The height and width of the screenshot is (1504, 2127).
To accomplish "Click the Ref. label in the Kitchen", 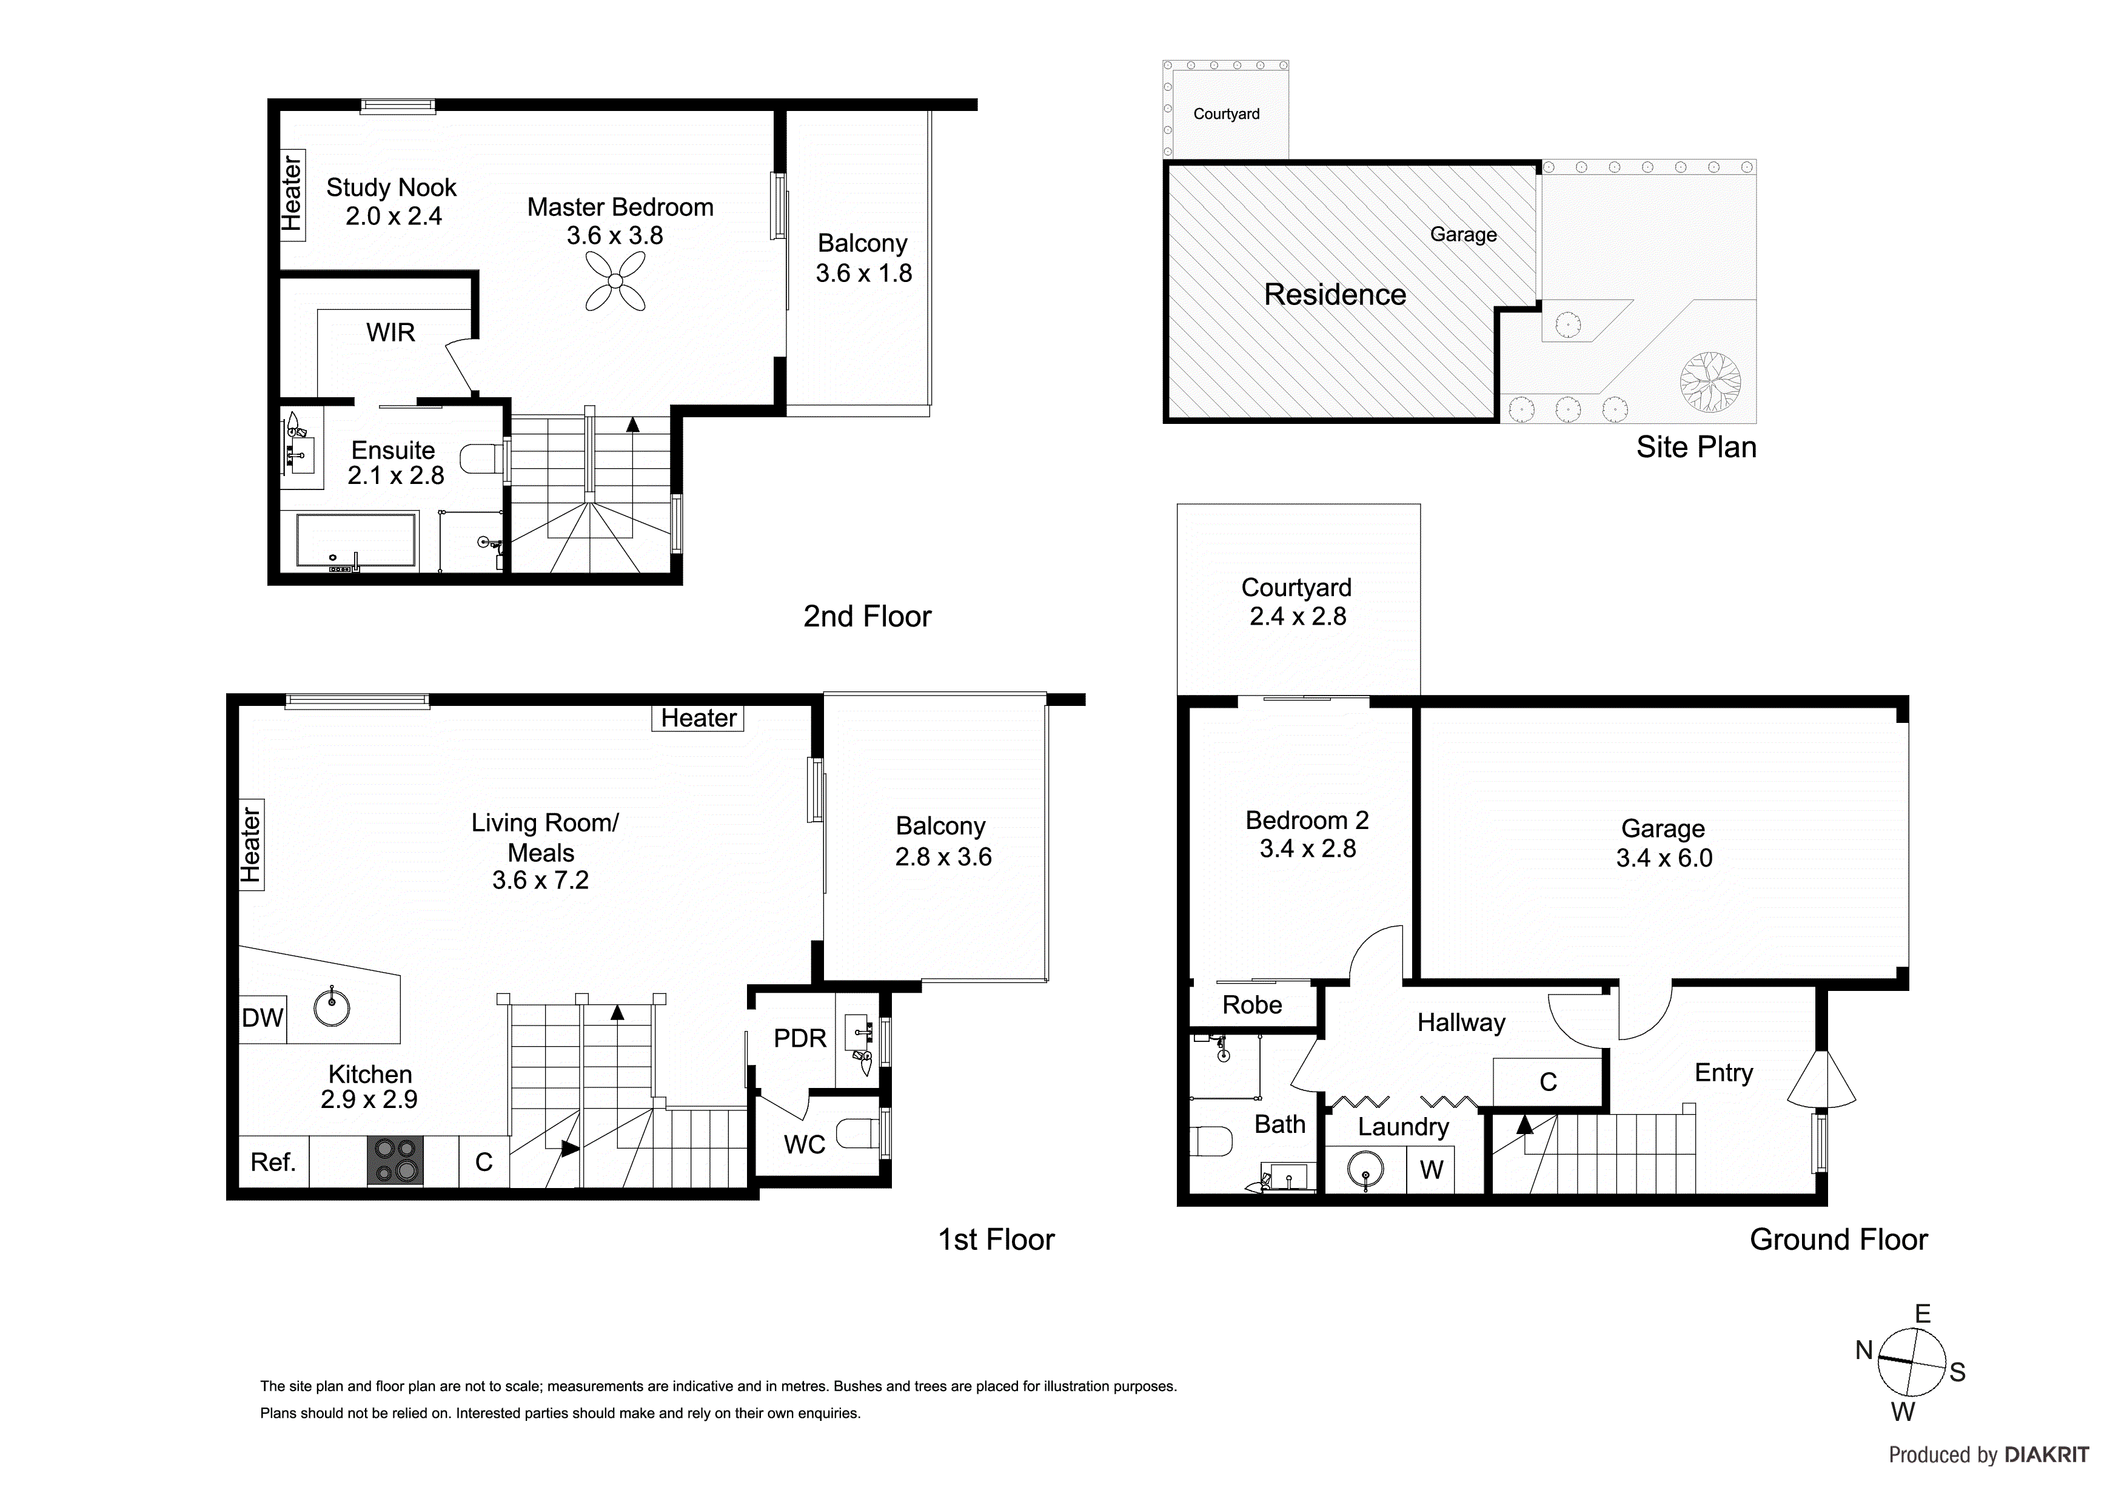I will [273, 1162].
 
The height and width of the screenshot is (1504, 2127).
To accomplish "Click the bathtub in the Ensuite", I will [356, 540].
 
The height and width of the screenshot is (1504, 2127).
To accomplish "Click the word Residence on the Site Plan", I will [1335, 295].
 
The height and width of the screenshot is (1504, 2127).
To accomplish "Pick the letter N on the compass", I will [1864, 1351].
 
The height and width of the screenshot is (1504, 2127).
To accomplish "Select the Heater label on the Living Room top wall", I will [698, 718].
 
